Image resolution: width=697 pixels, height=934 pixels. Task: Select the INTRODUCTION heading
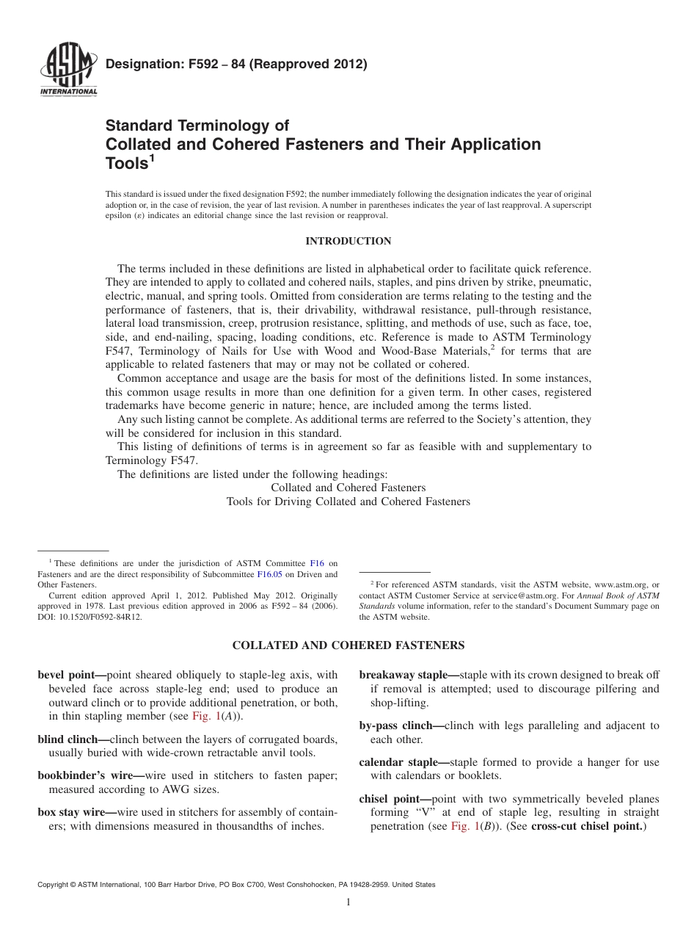(348, 241)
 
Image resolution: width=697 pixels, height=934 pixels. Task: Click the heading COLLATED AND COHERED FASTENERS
(348, 645)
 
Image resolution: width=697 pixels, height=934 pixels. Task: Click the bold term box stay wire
(72, 812)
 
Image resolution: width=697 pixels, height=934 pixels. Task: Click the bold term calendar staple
(400, 762)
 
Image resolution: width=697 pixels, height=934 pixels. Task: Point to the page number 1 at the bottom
(348, 903)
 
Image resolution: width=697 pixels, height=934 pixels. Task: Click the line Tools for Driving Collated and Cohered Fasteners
(348, 502)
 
